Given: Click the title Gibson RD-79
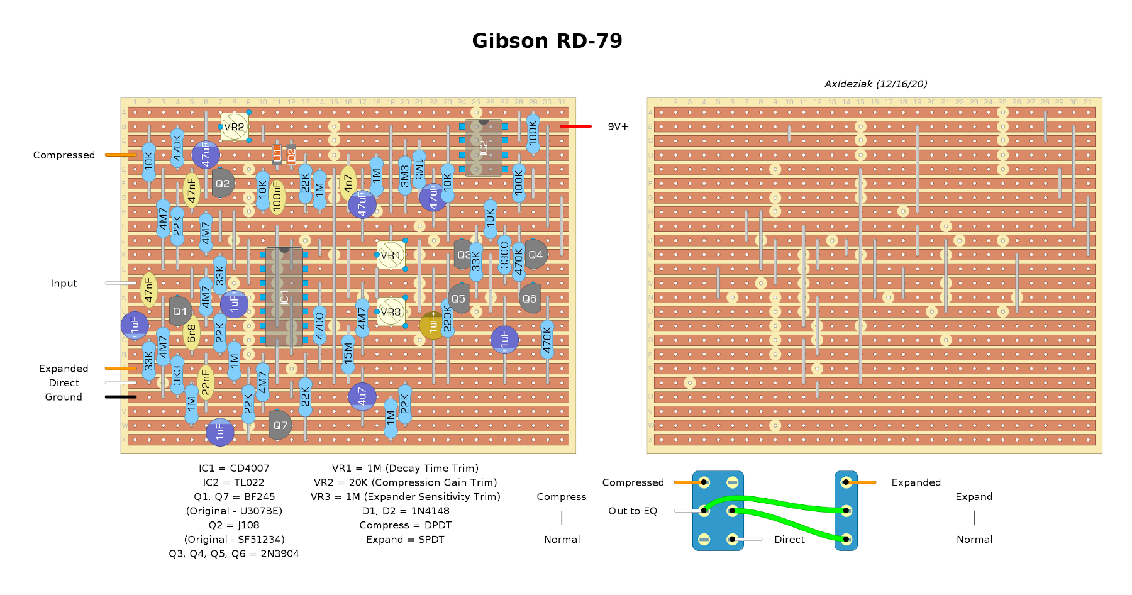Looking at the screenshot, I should point(547,41).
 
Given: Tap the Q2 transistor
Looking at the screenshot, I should point(223,183).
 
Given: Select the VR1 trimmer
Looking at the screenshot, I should point(391,255).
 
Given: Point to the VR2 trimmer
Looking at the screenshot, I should point(235,127).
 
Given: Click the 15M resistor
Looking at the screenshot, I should point(348,353).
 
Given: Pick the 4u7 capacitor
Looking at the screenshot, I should point(362,397).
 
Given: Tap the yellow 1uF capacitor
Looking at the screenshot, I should point(433,325).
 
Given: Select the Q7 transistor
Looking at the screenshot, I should point(280,426).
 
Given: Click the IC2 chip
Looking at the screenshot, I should point(483,148).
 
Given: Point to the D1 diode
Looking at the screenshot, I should point(277,154).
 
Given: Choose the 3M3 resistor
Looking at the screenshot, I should point(405,175).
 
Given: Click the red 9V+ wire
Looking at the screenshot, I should point(575,126).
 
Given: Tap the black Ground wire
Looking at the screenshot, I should point(121,397).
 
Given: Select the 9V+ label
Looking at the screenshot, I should point(618,126).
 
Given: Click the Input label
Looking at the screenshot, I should point(64,283).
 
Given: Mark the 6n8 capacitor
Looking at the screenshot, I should point(192,333).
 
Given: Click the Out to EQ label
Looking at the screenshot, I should point(632,511).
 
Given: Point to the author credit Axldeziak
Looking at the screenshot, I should point(875,84).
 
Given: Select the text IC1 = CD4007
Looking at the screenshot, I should point(234,468).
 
